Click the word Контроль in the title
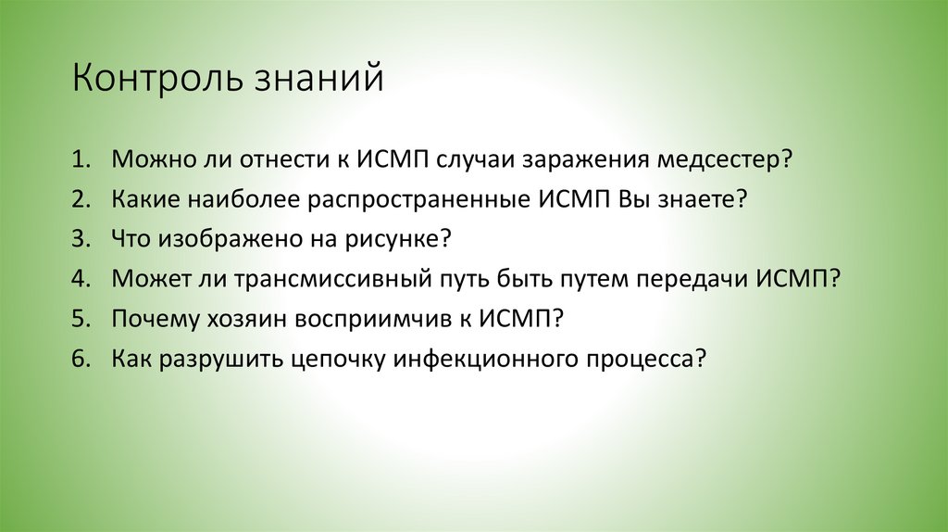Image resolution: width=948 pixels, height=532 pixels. [x=156, y=78]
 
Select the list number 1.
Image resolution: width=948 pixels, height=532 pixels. [x=81, y=159]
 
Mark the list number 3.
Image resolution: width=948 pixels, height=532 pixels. [x=81, y=239]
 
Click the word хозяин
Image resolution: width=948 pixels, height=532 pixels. [x=246, y=318]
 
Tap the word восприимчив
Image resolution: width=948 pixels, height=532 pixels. [x=373, y=318]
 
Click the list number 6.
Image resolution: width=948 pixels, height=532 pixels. [x=81, y=358]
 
